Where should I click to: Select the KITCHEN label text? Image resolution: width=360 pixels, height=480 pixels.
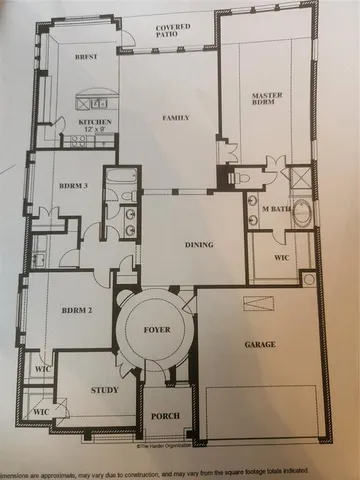(95, 121)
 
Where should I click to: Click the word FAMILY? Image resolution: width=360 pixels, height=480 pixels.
(176, 119)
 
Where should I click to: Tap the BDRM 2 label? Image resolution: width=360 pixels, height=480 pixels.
(77, 311)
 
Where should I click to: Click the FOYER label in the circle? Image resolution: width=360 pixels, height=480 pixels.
(158, 325)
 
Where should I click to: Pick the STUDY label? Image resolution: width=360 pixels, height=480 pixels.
(104, 391)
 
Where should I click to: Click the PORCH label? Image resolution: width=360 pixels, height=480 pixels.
(165, 416)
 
